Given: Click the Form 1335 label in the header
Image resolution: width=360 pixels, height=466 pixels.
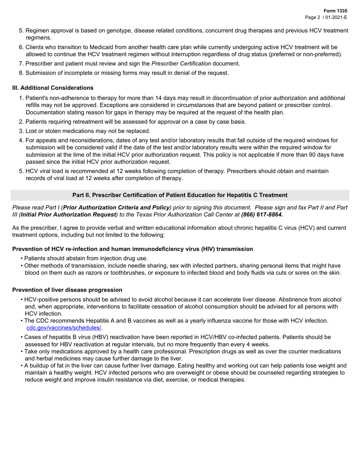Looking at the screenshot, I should point(335,11).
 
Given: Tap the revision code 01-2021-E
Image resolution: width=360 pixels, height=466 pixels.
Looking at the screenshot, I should point(335,17).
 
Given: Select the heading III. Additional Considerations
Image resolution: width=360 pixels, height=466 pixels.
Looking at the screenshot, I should point(53,88).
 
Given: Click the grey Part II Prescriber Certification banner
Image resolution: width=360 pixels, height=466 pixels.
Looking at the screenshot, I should point(180,195).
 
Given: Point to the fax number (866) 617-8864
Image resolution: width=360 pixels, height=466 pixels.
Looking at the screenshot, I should point(262,214).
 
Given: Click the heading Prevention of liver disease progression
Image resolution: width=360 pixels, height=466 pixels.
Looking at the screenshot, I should point(67,290).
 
